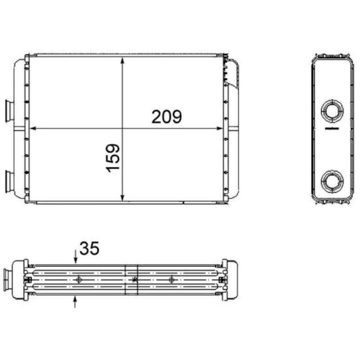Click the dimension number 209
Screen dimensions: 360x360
pyautogui.click(x=166, y=117)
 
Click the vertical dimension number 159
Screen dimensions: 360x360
pyautogui.click(x=113, y=158)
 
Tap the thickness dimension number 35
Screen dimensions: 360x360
pyautogui.click(x=89, y=248)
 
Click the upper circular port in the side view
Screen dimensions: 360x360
pyautogui.click(x=332, y=110)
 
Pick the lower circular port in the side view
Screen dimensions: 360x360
pyautogui.click(x=332, y=181)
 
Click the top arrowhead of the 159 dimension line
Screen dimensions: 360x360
pyautogui.click(x=122, y=60)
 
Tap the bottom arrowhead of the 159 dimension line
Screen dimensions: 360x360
pyautogui.click(x=122, y=198)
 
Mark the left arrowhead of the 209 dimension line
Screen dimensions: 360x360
pyautogui.click(x=33, y=128)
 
